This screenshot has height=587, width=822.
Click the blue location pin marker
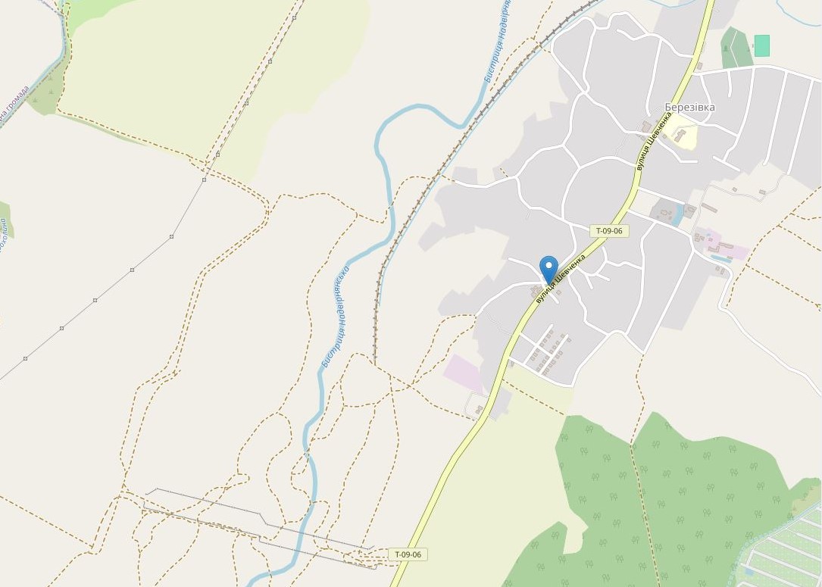pyautogui.click(x=549, y=270)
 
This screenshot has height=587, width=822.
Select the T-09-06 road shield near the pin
pyautogui.click(x=608, y=230)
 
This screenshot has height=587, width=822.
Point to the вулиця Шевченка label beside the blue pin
pyautogui.click(x=561, y=279)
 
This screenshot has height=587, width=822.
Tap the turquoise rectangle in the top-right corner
pyautogui.click(x=761, y=45)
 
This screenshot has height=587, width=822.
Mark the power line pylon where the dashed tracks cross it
pyautogui.click(x=204, y=180)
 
